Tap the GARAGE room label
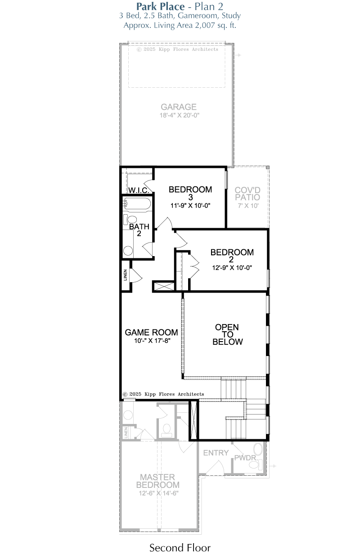pos(179,107)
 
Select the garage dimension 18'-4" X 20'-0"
pos(180,115)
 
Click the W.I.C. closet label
pos(139,190)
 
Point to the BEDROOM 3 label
pos(190,193)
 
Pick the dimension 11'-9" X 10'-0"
pos(190,206)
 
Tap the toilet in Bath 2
pos(130,219)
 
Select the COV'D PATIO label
pos(247,194)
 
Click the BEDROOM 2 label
pos(232,256)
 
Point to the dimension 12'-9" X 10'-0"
pos(232,268)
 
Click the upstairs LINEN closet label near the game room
pos(125,275)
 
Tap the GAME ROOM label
pos(152,333)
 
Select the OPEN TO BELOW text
pos(227,334)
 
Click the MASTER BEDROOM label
pos(157,481)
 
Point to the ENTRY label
pos(216,453)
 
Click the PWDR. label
pos(246,458)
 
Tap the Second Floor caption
pos(180,548)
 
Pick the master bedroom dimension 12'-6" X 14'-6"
pos(159,493)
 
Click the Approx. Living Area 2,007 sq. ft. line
pos(180,26)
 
